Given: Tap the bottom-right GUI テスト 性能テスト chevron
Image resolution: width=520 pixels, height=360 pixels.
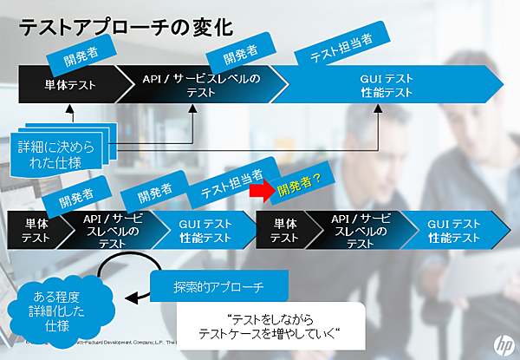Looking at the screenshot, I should coord(454,229).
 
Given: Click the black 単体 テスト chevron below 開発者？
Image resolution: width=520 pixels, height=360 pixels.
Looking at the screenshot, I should coord(284,229).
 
